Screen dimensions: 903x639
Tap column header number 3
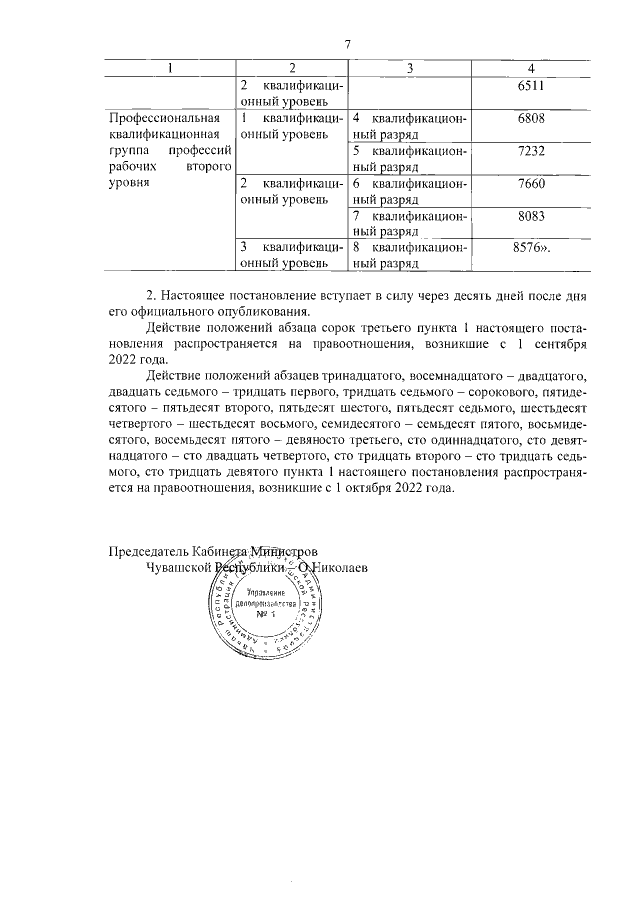[410, 67]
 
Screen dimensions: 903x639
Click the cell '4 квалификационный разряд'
[410, 126]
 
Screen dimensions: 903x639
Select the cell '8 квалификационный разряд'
[410, 254]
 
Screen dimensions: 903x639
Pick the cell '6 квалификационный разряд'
[410, 191]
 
